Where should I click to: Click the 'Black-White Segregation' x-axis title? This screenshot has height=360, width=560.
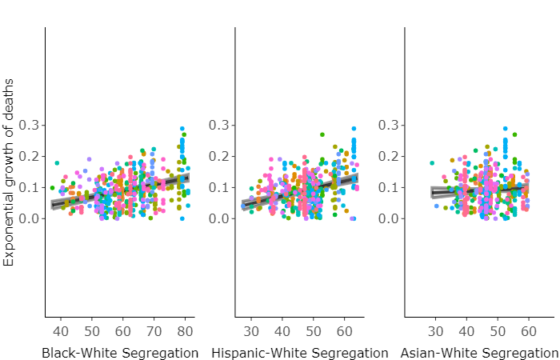120,353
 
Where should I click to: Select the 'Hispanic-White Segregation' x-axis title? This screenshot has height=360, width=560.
300,353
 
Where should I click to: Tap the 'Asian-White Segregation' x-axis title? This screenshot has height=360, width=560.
478,353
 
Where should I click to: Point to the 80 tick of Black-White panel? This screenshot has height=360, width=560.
185,331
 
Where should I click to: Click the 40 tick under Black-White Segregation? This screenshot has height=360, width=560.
61,331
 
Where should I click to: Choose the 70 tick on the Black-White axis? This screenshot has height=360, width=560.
154,331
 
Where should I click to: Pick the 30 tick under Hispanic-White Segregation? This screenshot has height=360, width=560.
250,331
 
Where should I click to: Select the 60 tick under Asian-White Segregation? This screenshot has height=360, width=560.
528,331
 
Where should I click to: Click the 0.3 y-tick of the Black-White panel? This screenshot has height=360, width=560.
30,125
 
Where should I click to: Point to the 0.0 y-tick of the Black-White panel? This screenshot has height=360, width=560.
30,218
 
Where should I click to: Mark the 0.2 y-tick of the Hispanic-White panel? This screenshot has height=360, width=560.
218,156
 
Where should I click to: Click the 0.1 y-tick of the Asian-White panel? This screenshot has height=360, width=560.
390,187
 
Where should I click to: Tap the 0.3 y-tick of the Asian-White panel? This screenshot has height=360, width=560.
390,125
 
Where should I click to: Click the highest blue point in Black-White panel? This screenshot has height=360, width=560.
182,128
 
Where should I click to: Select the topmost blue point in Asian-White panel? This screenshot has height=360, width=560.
505,128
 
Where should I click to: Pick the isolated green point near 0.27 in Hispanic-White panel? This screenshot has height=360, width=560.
322,134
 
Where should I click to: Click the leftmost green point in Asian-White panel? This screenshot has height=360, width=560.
432,163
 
